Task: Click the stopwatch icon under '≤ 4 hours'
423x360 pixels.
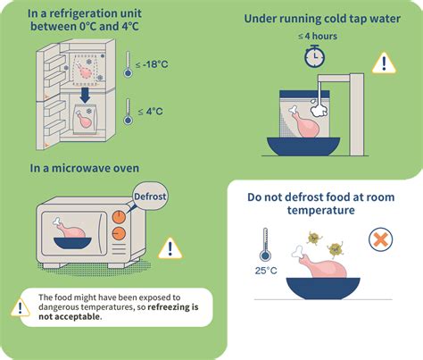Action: (314, 56)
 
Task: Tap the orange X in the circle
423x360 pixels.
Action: (380, 239)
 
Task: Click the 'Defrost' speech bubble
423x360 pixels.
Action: (150, 197)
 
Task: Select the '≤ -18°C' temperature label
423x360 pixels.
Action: (152, 64)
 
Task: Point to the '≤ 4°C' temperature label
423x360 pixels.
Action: (151, 112)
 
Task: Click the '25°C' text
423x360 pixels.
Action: (266, 271)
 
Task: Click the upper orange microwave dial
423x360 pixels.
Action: (119, 217)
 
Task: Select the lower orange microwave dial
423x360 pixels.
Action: (119, 234)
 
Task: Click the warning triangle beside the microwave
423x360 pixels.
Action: (170, 248)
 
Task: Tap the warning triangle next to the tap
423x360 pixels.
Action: (384, 63)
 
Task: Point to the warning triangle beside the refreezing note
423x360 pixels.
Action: (20, 307)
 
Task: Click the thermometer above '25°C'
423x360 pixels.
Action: (265, 245)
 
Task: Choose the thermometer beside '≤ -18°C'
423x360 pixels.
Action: (128, 64)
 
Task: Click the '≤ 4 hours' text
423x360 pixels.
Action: (318, 37)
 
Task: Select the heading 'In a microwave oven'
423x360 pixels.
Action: (85, 168)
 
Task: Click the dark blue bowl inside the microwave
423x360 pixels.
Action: (72, 243)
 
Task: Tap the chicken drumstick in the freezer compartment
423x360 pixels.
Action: (84, 71)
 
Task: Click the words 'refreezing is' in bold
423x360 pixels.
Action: (173, 307)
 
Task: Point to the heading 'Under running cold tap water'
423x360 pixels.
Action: (322, 19)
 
